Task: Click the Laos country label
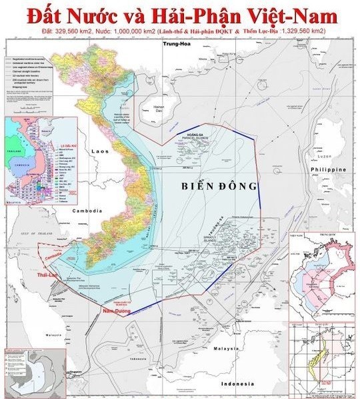100,151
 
